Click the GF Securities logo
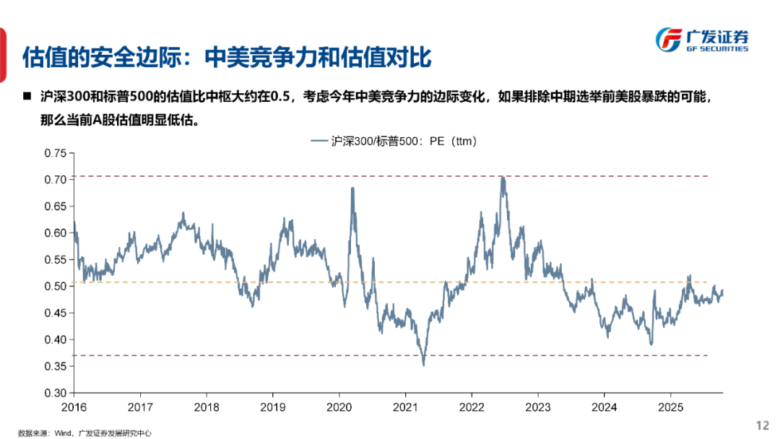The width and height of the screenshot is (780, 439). [x=701, y=40]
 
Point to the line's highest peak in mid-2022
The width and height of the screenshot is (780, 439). [x=503, y=178]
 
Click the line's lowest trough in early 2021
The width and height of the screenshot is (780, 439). [x=423, y=365]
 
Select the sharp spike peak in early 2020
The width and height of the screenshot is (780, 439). [x=352, y=188]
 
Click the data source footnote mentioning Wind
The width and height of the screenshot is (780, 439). [x=85, y=433]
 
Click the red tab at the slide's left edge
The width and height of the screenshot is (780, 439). [x=4, y=54]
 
